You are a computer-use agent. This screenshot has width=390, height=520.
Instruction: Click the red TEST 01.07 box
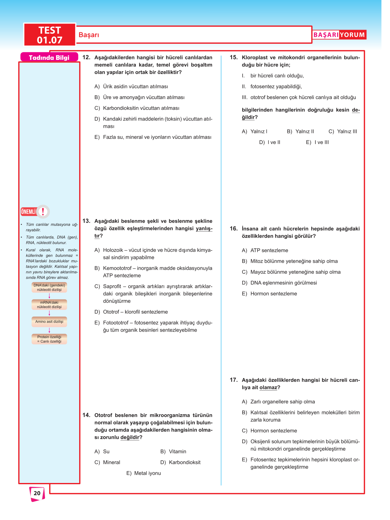pyautogui.click(x=50, y=35)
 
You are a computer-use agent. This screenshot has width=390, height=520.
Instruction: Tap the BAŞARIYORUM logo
pyautogui.click(x=339, y=35)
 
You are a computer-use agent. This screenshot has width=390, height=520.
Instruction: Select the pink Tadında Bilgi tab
pyautogui.click(x=49, y=58)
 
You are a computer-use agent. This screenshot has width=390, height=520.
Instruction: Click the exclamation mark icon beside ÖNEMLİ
pyautogui.click(x=43, y=211)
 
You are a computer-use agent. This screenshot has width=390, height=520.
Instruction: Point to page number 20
pyautogui.click(x=37, y=493)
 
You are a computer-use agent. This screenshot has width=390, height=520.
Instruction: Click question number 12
pyautogui.click(x=86, y=58)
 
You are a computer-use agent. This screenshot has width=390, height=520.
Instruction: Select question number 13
pyautogui.click(x=86, y=221)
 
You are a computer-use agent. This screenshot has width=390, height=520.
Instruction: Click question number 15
pyautogui.click(x=234, y=58)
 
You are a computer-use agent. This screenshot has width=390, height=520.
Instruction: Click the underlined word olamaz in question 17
pyautogui.click(x=268, y=388)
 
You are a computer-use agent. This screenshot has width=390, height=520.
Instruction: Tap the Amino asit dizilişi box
pyautogui.click(x=49, y=322)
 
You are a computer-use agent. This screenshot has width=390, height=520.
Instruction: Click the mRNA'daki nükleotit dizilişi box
pyautogui.click(x=49, y=305)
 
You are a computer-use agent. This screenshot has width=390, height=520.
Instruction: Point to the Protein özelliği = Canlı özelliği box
pyautogui.click(x=49, y=339)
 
